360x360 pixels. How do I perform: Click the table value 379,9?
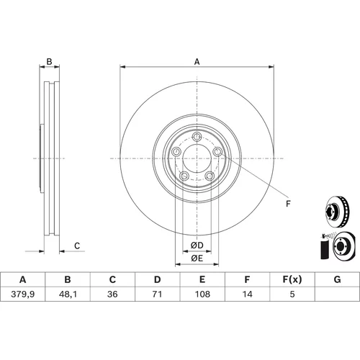pyautogui.click(x=23, y=294)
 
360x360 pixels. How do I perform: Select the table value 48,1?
pyautogui.click(x=68, y=294)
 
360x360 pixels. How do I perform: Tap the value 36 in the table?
pyautogui.click(x=112, y=294)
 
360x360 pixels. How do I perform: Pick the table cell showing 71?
pyautogui.click(x=157, y=294)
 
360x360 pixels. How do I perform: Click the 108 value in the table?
pyautogui.click(x=202, y=294)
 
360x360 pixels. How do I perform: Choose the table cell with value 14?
pyautogui.click(x=247, y=294)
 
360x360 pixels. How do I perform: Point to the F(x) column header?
pyautogui.click(x=292, y=279)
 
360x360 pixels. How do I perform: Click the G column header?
pyautogui.click(x=337, y=279)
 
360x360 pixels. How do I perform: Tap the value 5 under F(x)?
pyautogui.click(x=292, y=294)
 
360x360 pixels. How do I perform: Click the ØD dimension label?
pyautogui.click(x=197, y=246)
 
